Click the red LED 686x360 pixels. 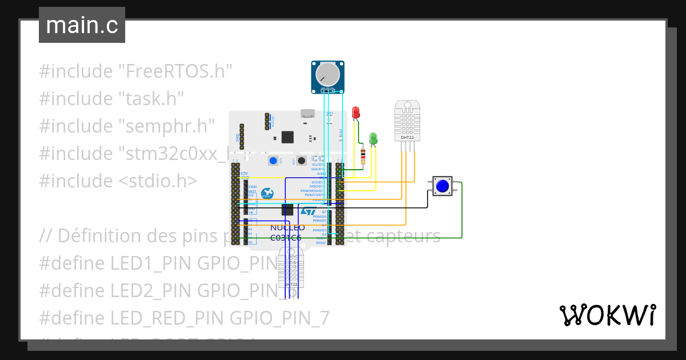coord(356,113)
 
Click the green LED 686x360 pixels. coord(373,138)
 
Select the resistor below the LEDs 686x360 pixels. coord(364,155)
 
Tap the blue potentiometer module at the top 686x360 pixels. coord(329,77)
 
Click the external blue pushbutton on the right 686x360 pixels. coord(442,186)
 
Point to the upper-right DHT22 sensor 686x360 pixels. coord(408,121)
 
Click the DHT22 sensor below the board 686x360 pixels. coord(291,267)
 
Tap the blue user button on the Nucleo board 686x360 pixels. coord(274,161)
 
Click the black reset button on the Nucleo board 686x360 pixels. coord(301,161)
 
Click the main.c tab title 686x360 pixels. coord(82,25)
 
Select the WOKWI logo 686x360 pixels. coord(607,315)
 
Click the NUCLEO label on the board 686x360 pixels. coord(288,227)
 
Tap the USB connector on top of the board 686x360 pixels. coord(308,113)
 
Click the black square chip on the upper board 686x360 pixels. coord(288,137)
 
